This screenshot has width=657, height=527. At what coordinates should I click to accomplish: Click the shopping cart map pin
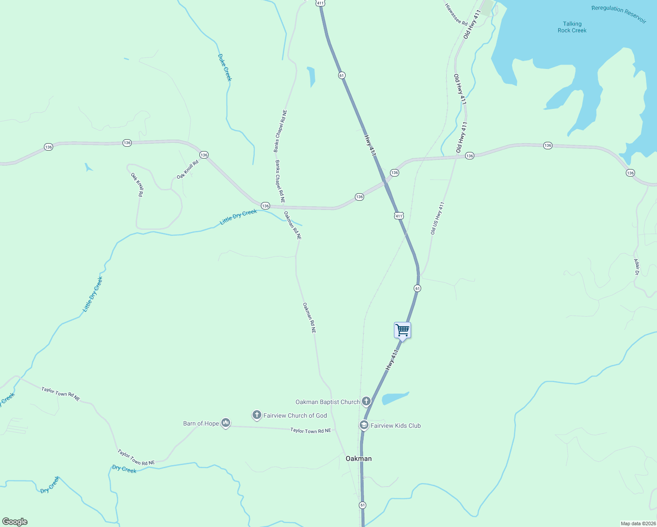(x=402, y=330)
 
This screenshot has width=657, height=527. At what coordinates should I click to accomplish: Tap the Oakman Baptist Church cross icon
(x=366, y=401)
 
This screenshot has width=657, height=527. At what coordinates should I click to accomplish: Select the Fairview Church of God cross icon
(x=257, y=415)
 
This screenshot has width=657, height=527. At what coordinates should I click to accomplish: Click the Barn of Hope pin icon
(x=226, y=423)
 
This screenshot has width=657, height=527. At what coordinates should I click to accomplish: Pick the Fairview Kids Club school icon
(x=364, y=425)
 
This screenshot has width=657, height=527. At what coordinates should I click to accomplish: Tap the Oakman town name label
(x=358, y=458)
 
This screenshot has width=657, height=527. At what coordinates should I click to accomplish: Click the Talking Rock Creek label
(x=572, y=27)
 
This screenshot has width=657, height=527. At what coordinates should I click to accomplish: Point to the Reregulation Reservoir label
(x=618, y=14)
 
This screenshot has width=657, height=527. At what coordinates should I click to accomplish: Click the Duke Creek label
(x=224, y=67)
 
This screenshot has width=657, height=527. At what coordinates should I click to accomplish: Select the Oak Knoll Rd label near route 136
(x=188, y=170)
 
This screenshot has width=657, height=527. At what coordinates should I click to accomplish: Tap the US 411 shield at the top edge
(x=320, y=3)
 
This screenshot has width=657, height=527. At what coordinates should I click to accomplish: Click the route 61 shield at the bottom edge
(x=362, y=505)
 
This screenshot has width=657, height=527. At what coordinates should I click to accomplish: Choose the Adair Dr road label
(x=636, y=267)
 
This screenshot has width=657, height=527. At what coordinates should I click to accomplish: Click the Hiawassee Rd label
(x=456, y=14)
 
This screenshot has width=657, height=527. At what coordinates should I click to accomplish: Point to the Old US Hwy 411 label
(x=437, y=218)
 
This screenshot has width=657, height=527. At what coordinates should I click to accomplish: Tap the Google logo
(x=15, y=522)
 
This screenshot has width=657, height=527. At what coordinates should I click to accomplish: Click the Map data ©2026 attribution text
(x=638, y=523)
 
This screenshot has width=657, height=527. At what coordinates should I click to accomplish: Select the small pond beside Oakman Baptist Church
(x=394, y=398)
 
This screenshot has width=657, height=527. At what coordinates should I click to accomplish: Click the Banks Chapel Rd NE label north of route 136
(x=280, y=131)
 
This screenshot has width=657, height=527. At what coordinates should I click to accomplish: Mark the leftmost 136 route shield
(x=48, y=147)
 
